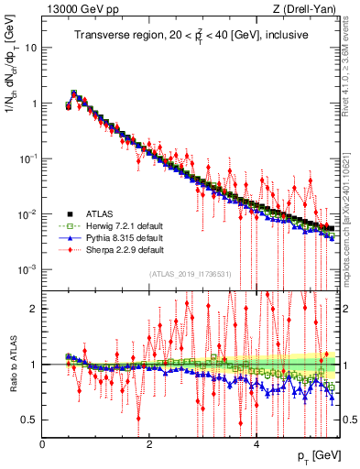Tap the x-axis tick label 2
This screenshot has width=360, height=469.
149,443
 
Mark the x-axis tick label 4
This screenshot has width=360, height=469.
256,443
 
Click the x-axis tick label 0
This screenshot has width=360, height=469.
43,443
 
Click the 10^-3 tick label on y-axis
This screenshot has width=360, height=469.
26,269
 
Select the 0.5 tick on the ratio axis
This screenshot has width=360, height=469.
28,420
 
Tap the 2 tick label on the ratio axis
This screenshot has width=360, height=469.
33,309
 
